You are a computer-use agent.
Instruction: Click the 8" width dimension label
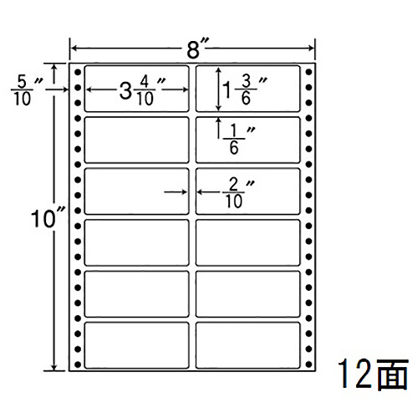(197, 48)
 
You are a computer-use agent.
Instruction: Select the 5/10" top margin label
(27, 90)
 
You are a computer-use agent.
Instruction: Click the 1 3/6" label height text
(245, 90)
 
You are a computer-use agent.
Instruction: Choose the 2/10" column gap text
(238, 193)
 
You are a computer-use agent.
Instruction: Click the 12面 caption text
(374, 374)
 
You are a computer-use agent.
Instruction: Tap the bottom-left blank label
(136, 345)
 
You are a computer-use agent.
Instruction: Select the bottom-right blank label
(248, 345)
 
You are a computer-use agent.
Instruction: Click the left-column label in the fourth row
(136, 242)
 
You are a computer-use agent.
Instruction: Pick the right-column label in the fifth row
(248, 294)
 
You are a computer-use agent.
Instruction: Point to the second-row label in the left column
(136, 140)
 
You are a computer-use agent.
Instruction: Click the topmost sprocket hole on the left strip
(78, 73)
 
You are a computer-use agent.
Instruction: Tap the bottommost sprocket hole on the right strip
(308, 364)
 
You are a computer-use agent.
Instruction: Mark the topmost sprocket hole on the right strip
(308, 73)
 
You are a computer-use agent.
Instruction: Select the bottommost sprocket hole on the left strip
(78, 364)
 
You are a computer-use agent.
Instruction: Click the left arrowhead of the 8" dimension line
(74, 48)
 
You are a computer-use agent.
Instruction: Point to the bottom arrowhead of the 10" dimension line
(54, 367)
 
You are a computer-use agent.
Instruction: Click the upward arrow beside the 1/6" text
(219, 128)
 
